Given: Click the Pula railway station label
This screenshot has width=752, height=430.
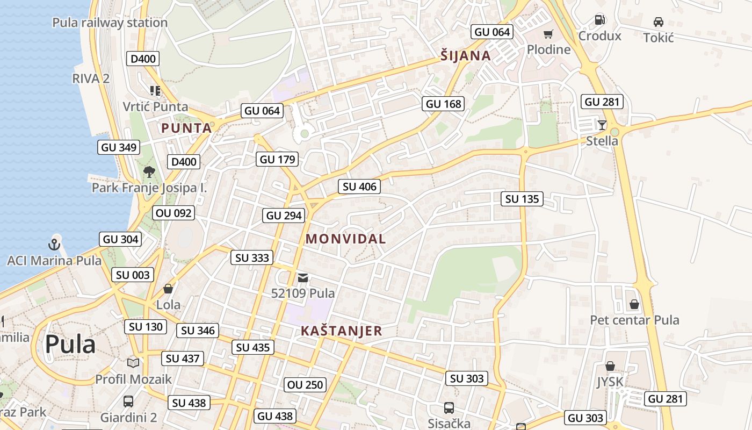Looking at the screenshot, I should click(x=110, y=23).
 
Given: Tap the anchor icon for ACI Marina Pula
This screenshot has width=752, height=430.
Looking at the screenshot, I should click(x=54, y=245).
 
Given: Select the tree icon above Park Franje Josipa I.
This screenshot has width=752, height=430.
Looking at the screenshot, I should click(x=149, y=172).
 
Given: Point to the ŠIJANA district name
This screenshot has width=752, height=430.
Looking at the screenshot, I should click(x=466, y=55).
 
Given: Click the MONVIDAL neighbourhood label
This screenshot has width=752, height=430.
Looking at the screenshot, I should click(x=346, y=239).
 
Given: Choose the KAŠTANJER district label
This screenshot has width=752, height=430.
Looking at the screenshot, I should click(x=341, y=331).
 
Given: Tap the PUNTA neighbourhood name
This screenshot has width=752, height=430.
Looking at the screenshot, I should click(x=186, y=128).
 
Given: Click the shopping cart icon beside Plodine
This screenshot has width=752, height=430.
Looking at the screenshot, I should click(x=548, y=35).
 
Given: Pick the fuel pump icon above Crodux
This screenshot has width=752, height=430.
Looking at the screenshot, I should click(x=599, y=20).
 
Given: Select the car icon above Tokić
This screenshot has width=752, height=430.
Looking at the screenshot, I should click(x=658, y=22).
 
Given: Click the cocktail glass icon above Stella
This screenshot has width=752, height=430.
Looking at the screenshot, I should click(x=602, y=125).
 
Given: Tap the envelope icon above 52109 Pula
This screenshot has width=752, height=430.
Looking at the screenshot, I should click(x=303, y=277).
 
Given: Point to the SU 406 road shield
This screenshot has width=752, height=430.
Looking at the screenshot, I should click(x=360, y=187).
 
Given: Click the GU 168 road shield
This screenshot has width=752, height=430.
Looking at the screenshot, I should click(x=444, y=104).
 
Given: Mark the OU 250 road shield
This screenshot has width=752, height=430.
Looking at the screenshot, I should click(x=305, y=384).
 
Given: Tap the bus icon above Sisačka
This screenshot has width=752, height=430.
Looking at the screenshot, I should click(x=449, y=408).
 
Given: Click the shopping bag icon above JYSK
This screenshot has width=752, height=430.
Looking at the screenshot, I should click(x=610, y=366).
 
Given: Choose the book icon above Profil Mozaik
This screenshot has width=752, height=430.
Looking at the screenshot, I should click(x=133, y=363).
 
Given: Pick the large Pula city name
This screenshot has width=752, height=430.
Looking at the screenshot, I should click(x=70, y=344).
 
